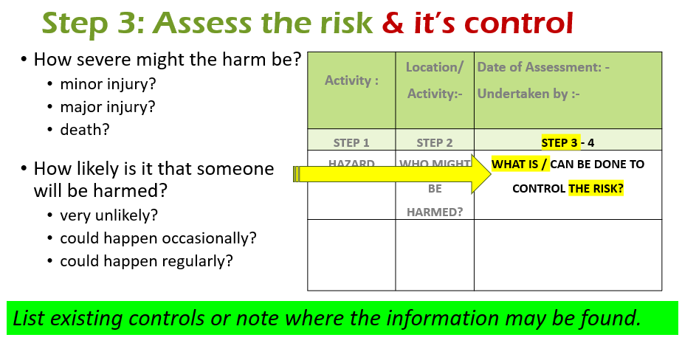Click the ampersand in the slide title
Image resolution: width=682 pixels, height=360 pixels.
click(x=393, y=23)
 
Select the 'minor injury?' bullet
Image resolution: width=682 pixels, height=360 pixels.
click(x=108, y=84)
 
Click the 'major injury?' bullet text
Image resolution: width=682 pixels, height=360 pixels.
click(x=108, y=107)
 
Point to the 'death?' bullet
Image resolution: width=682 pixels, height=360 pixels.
click(x=85, y=130)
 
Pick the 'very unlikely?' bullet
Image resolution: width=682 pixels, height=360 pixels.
click(x=108, y=215)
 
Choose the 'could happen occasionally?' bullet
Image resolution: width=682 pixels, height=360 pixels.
click(x=158, y=238)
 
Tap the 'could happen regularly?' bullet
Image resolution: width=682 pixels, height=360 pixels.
click(x=147, y=261)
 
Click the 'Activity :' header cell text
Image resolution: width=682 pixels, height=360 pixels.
click(x=351, y=80)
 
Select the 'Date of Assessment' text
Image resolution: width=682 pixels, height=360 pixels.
click(x=540, y=67)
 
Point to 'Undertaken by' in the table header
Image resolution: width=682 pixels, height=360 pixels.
click(x=524, y=94)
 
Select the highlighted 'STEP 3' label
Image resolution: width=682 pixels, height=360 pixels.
click(x=560, y=142)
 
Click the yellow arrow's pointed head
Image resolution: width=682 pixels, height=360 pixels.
click(x=491, y=174)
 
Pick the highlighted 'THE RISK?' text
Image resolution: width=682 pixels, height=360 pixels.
click(x=596, y=188)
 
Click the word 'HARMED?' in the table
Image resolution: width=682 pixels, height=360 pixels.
click(x=435, y=212)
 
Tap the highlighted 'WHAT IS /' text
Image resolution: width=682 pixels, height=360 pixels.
click(x=520, y=164)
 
